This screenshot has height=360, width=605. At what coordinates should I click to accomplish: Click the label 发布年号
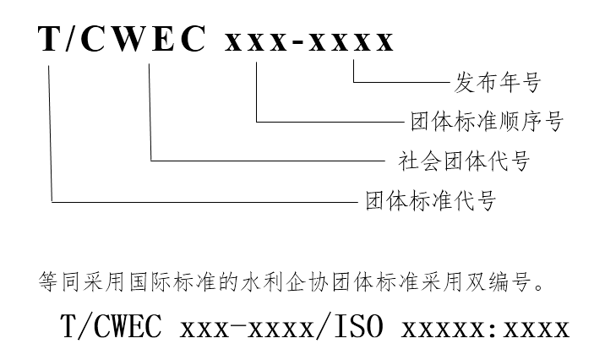(496, 83)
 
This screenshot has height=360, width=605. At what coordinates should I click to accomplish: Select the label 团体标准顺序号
(486, 122)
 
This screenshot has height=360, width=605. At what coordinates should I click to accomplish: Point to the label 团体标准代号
(429, 201)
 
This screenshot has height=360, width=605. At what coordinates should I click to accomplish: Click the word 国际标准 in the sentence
(155, 279)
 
